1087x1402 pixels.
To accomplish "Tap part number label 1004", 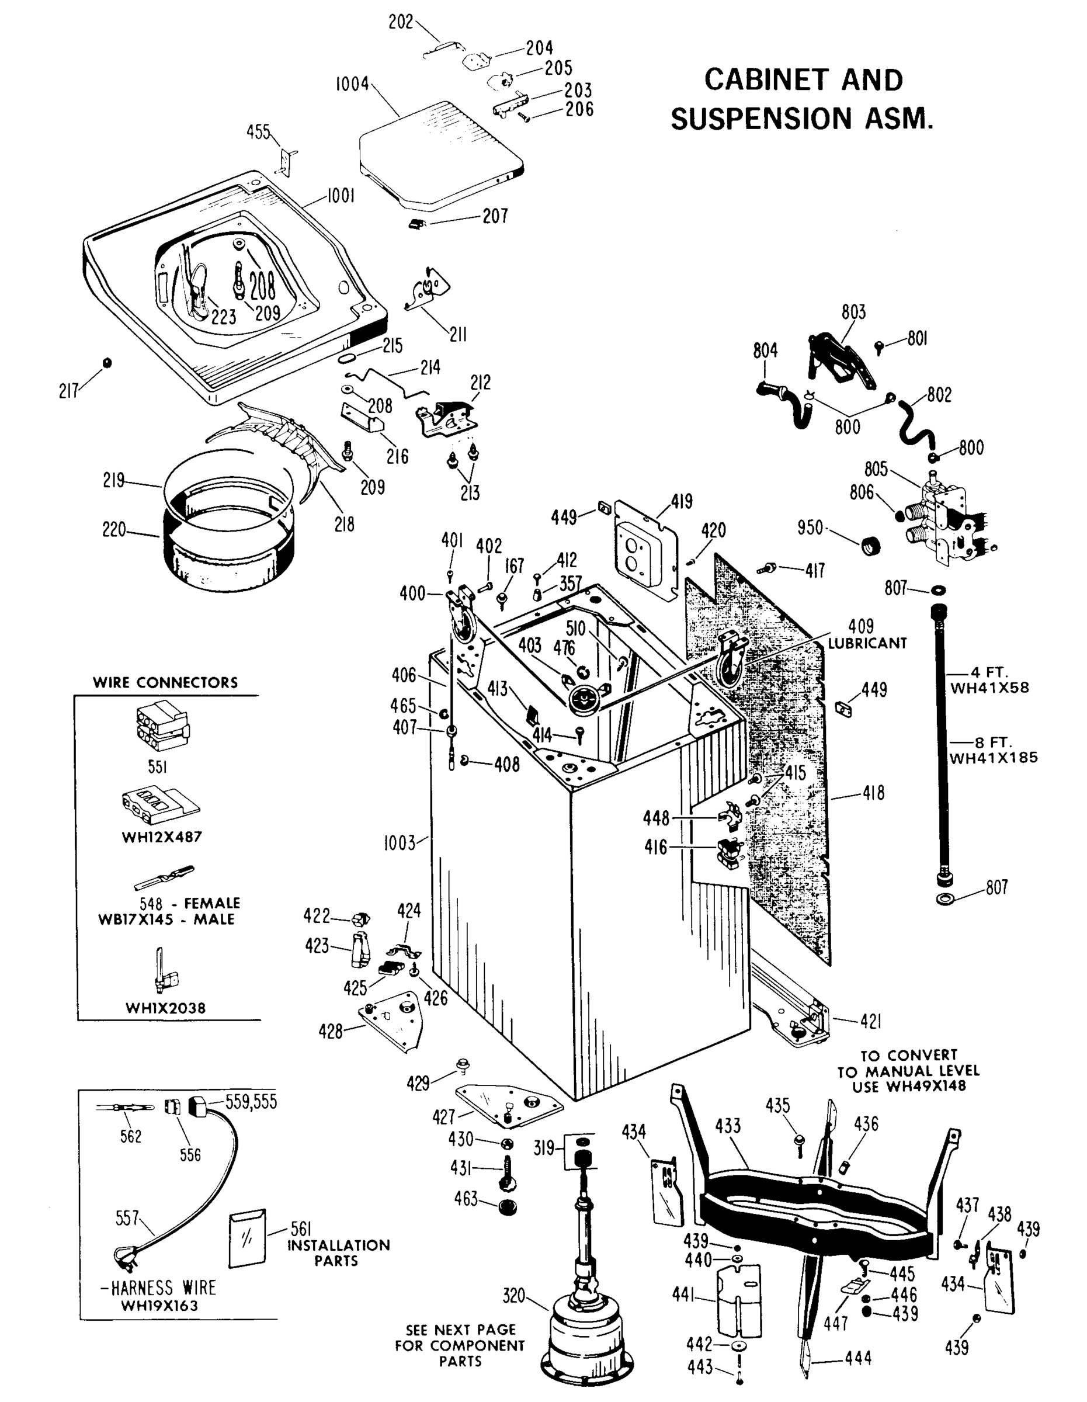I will click(x=352, y=84).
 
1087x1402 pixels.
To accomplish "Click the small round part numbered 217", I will click(x=107, y=363).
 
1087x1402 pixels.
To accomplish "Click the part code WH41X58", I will click(x=989, y=688).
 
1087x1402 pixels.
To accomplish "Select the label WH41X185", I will click(x=994, y=758).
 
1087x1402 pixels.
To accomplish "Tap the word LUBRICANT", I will click(x=867, y=643).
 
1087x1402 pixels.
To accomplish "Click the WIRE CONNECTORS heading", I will click(x=165, y=682).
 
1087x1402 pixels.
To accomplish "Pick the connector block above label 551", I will click(x=162, y=728).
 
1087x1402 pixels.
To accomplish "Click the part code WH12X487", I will click(x=162, y=837).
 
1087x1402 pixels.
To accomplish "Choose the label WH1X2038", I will click(x=165, y=1008).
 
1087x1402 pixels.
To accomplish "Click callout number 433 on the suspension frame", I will click(x=728, y=1126).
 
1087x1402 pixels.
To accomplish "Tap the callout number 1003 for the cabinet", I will click(x=400, y=843).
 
